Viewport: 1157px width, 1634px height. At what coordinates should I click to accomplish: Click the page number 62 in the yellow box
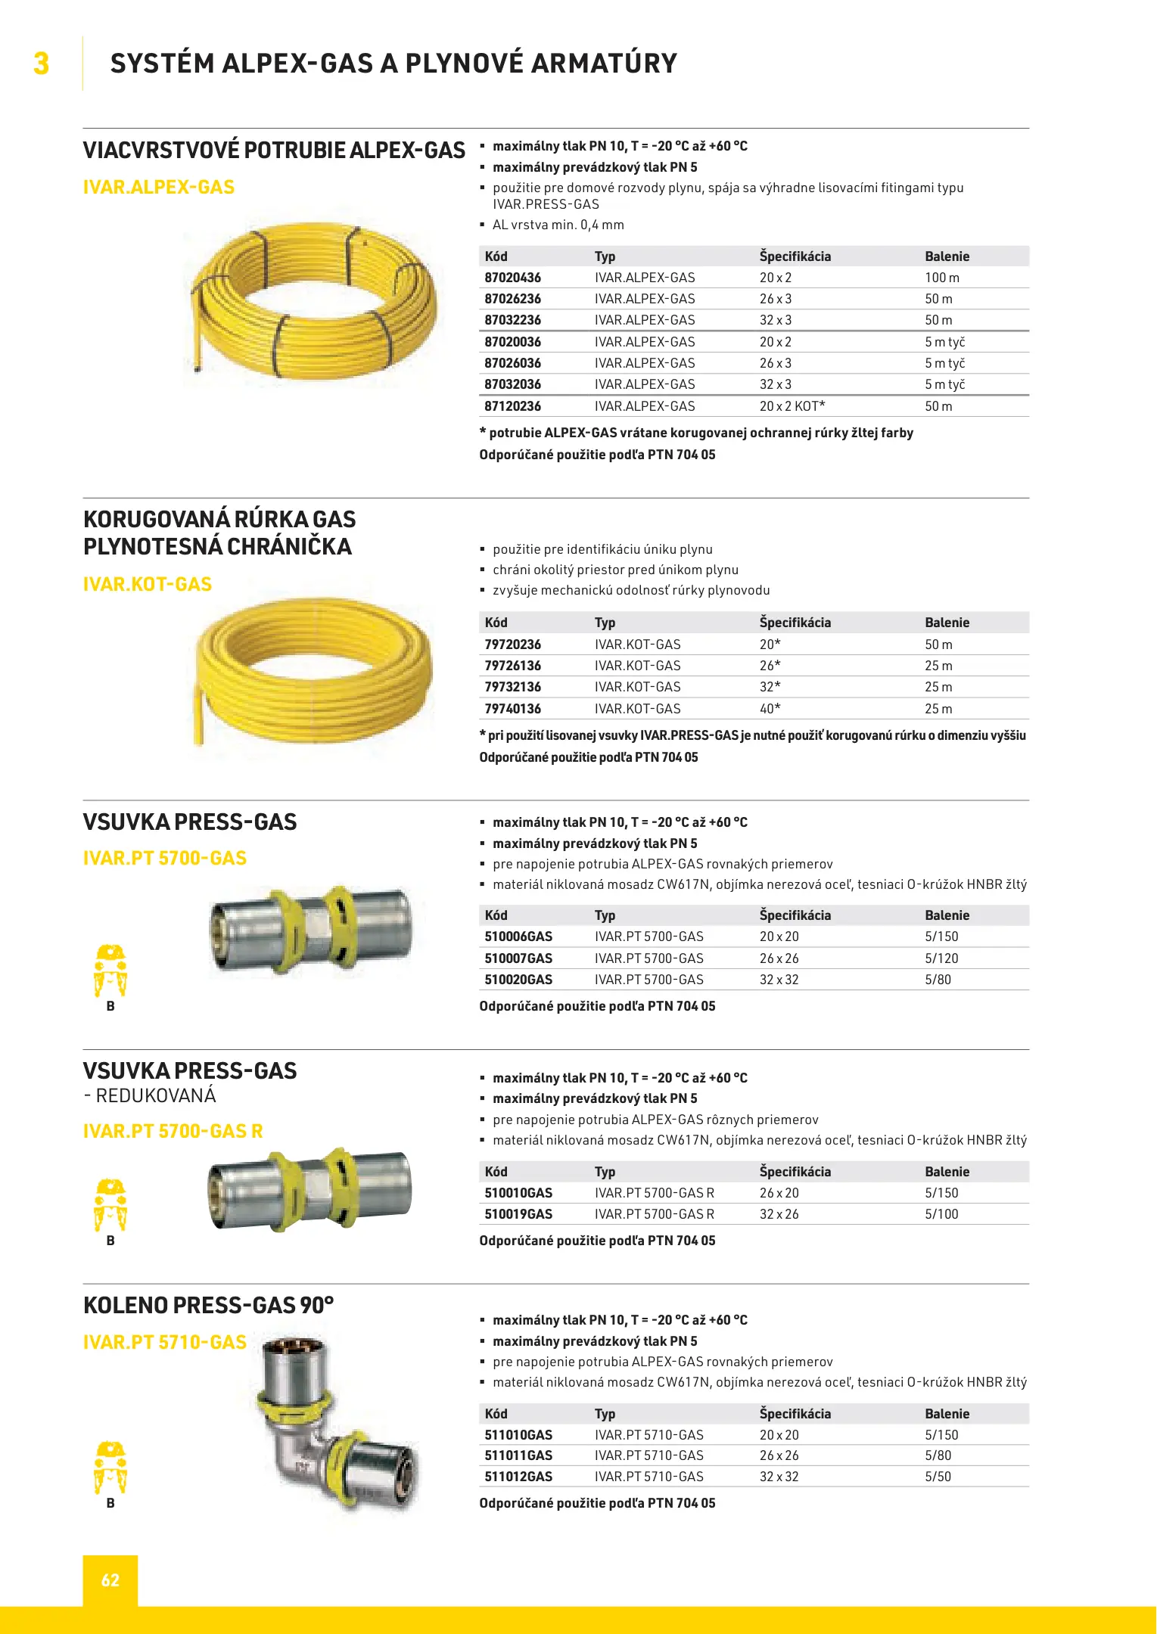[x=110, y=1580]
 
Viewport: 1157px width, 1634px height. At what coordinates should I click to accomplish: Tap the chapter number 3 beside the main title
[x=42, y=64]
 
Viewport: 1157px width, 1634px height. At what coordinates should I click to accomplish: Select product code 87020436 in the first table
[x=513, y=278]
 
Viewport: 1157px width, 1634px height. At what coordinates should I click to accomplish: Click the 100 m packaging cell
[x=942, y=278]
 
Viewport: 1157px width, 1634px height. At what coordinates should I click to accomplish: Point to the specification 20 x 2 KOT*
[x=792, y=406]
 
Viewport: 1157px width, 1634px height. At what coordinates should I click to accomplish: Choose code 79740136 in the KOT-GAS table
[x=513, y=709]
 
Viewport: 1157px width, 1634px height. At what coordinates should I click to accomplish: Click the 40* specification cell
[x=770, y=709]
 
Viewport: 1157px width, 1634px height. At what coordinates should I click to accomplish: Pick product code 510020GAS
[x=518, y=980]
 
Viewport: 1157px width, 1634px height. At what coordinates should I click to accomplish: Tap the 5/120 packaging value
[x=941, y=958]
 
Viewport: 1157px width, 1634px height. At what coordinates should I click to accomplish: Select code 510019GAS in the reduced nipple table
[x=518, y=1214]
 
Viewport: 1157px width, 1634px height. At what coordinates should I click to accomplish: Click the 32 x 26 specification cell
[x=779, y=1214]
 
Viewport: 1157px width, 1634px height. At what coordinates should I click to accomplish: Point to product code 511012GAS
[x=518, y=1477]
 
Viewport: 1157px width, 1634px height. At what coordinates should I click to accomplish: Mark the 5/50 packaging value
[x=938, y=1477]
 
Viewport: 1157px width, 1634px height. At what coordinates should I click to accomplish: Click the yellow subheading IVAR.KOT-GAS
[x=148, y=584]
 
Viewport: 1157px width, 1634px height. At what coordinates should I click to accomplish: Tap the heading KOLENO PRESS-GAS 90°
[x=209, y=1306]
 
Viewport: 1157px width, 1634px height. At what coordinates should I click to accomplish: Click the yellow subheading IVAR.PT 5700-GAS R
[x=173, y=1131]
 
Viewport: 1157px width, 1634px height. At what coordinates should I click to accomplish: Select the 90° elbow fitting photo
[x=337, y=1422]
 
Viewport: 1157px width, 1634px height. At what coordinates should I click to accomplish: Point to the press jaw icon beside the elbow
[x=110, y=1468]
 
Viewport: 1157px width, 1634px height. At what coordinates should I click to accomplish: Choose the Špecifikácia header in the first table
[x=795, y=256]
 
